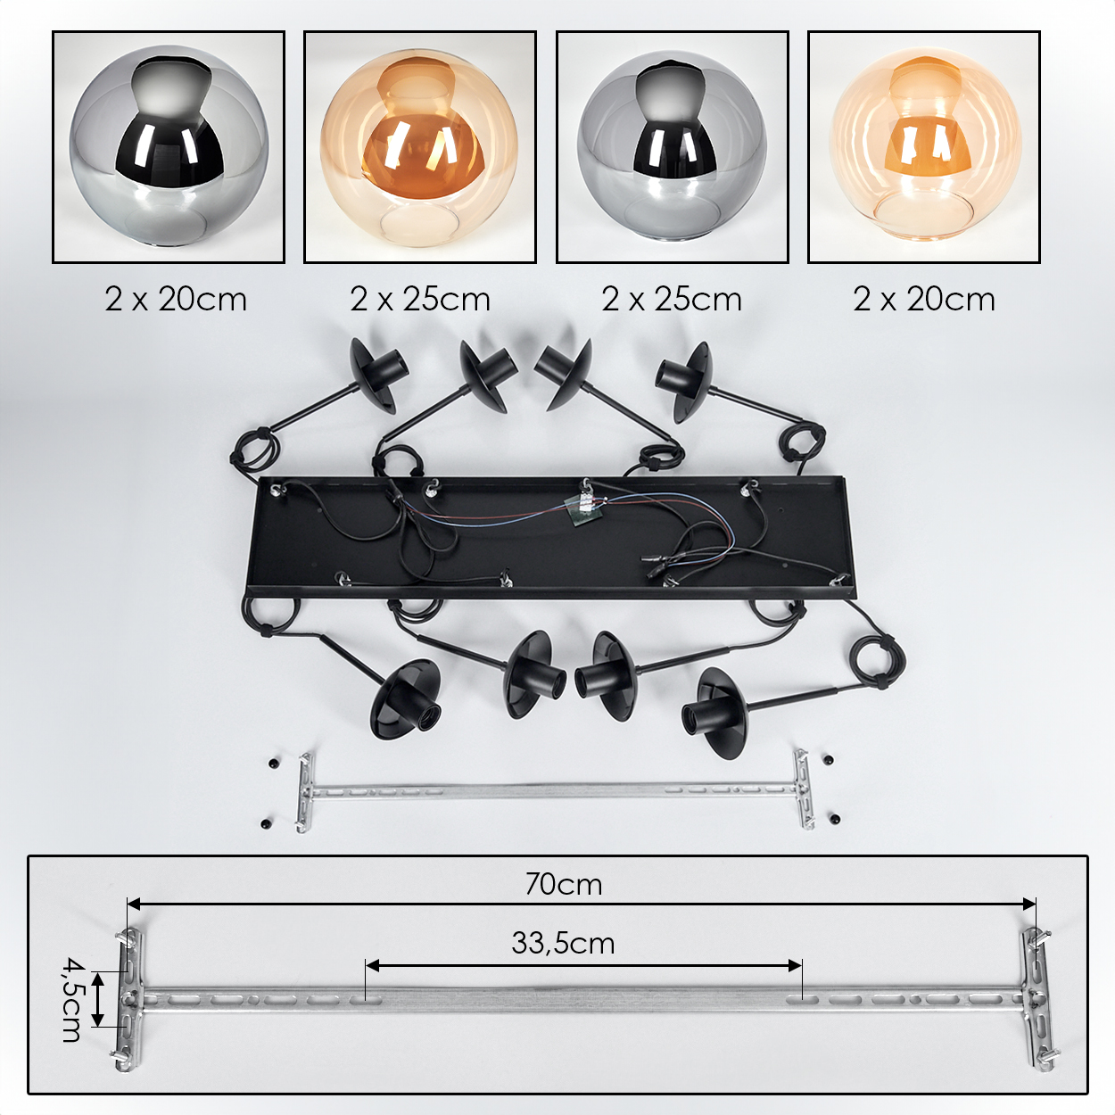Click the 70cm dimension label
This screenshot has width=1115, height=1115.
(564, 885)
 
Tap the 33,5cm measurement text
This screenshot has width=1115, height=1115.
(563, 944)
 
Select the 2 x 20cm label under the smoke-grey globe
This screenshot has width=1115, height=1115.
(176, 300)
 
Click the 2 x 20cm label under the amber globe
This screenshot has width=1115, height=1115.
(924, 300)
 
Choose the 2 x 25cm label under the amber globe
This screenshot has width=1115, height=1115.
(420, 300)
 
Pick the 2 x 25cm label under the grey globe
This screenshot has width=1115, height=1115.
(672, 300)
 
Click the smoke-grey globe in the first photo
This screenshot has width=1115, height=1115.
(169, 148)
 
